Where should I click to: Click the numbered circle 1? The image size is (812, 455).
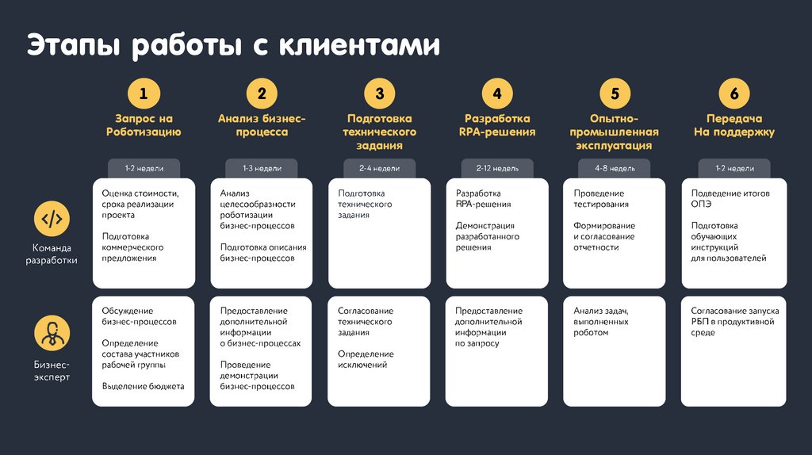144,94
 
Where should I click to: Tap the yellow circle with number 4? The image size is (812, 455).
497,94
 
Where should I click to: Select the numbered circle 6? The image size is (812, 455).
733,94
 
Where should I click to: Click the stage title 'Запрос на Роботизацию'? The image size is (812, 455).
144,125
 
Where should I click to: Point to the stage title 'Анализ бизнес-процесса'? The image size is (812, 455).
262,125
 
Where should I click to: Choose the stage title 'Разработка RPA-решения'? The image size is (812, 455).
497,125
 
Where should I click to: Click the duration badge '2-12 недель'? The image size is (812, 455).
497,169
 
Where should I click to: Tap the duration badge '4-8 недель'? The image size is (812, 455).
615,169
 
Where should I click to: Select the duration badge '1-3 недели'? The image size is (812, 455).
262,169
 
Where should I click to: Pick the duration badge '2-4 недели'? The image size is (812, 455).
379,169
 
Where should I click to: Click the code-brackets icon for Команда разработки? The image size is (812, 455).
52,219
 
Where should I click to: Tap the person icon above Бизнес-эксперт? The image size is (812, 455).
52,333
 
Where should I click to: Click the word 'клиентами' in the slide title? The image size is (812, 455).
358,45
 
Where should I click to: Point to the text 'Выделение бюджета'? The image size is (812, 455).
143,386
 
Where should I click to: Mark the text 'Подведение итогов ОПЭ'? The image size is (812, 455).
730,199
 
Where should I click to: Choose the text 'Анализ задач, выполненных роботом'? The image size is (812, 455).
601,322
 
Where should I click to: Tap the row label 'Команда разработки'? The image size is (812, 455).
52,253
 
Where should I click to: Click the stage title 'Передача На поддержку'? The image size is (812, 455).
733,125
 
